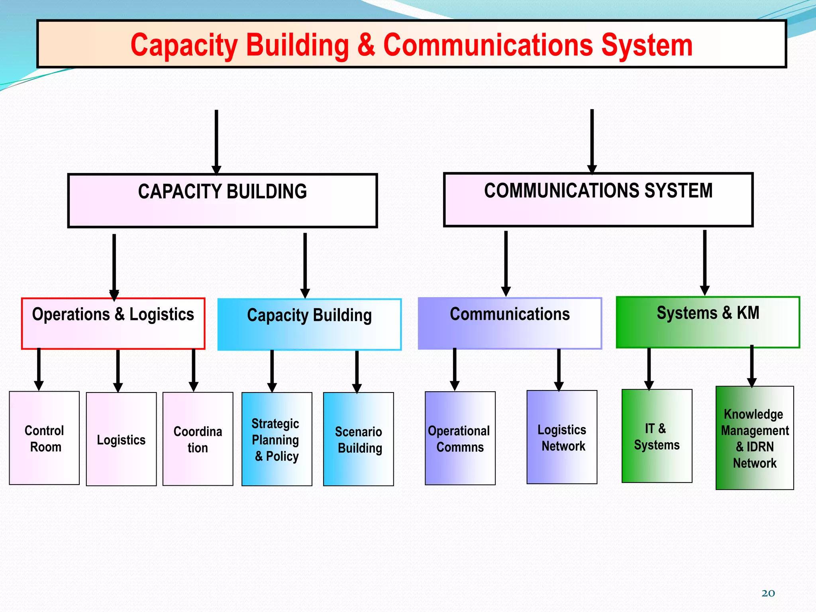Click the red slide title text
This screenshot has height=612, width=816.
point(411,45)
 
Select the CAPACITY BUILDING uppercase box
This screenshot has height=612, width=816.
point(222,200)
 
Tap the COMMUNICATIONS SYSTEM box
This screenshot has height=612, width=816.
point(598,200)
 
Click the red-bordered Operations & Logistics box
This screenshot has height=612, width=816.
point(113,324)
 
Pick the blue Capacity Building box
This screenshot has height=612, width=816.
point(309,324)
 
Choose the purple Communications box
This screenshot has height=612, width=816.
point(510,323)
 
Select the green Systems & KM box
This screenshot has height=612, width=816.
point(708,322)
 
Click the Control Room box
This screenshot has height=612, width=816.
point(44,438)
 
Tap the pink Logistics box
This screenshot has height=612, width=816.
point(121,439)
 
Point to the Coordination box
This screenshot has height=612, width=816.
point(198,439)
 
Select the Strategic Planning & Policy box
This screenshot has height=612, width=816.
point(277,439)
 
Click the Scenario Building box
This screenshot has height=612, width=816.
point(358,439)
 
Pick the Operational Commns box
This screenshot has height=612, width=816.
point(460,438)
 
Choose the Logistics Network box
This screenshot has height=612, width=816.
point(562,437)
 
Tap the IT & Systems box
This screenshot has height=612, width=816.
point(657,436)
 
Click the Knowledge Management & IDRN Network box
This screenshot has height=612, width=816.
point(755,438)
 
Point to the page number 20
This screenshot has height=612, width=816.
point(768,593)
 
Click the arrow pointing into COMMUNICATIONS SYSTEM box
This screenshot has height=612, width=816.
point(592,141)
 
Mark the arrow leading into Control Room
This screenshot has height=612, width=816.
point(39,369)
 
